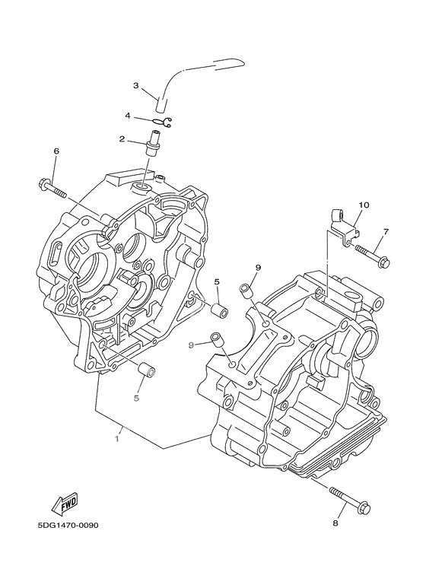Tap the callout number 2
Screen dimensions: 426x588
click(x=122, y=139)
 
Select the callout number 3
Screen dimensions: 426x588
click(x=136, y=85)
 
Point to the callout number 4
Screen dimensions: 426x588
click(x=128, y=116)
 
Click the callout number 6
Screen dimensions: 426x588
click(x=56, y=151)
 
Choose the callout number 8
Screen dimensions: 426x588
click(x=335, y=523)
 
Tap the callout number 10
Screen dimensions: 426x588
click(x=364, y=205)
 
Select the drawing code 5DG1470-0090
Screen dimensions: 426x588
click(x=68, y=526)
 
